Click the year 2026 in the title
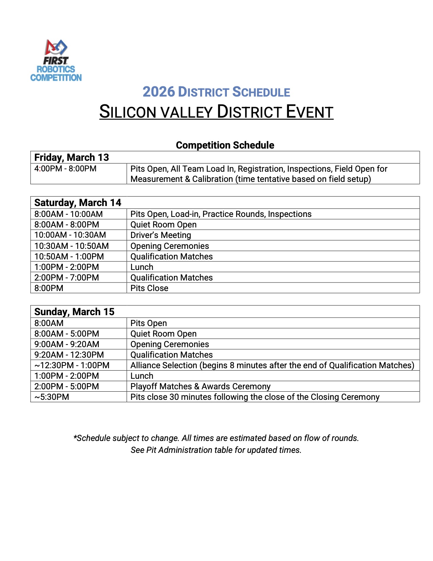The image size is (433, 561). tap(159, 92)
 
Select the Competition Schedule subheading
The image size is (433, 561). tap(225, 145)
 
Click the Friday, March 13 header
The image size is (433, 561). tap(72, 157)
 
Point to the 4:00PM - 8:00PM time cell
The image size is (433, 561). tap(65, 169)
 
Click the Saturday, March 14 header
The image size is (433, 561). tap(78, 203)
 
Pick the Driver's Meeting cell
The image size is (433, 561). tap(161, 235)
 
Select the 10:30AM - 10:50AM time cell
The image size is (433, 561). tap(72, 246)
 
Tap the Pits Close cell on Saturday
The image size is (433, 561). tap(149, 288)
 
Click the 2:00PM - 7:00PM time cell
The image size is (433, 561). tap(67, 278)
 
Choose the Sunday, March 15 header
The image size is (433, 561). tap(74, 312)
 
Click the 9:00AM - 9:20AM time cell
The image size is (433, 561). tap(67, 344)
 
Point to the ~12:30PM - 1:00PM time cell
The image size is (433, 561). tap(72, 365)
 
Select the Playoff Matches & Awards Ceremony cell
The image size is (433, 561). tap(200, 387)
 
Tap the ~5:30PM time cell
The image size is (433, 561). tap(52, 397)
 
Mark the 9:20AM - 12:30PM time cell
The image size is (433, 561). tap(69, 355)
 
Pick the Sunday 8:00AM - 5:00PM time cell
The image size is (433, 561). tap(67, 334)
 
